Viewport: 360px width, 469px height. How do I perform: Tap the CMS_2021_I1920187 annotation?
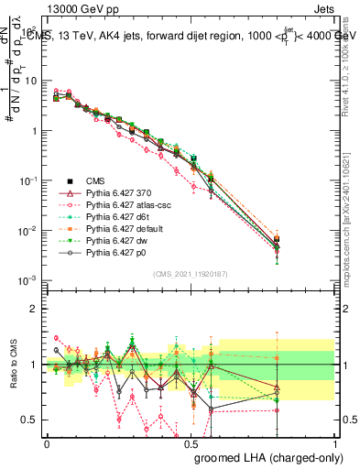point(190,272)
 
